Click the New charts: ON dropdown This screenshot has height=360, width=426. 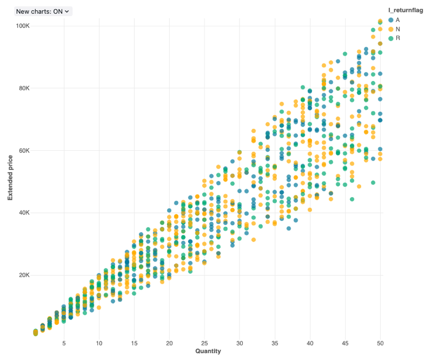[43, 11]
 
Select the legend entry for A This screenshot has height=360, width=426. [398, 20]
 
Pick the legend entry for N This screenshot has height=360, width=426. [398, 29]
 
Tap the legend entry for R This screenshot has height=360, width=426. [398, 38]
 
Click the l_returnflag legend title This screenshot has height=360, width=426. [406, 10]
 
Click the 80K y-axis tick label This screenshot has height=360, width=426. [23, 88]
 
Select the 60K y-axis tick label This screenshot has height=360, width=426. [23, 150]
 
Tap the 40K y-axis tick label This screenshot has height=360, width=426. [23, 212]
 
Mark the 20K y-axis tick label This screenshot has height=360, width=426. [23, 275]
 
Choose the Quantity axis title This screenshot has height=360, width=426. [208, 351]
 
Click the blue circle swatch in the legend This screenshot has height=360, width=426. [391, 20]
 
